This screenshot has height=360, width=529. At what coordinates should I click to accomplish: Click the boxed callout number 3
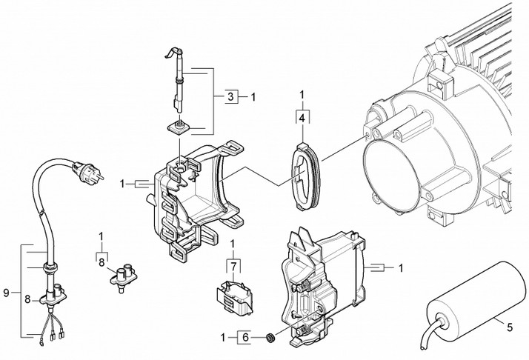click(x=230, y=97)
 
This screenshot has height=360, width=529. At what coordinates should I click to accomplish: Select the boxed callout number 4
click(x=302, y=119)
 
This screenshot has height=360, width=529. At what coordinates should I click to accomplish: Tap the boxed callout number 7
click(x=234, y=267)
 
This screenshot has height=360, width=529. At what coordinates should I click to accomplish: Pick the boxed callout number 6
click(x=246, y=337)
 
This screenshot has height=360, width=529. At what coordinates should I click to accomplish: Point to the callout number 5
click(x=510, y=327)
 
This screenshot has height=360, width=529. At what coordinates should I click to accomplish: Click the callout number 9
click(x=6, y=293)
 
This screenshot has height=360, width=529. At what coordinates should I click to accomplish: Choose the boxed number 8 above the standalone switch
click(x=102, y=263)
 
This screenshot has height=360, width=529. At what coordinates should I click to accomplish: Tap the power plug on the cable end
click(x=87, y=170)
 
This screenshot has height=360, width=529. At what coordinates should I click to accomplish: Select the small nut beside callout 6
click(x=270, y=337)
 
